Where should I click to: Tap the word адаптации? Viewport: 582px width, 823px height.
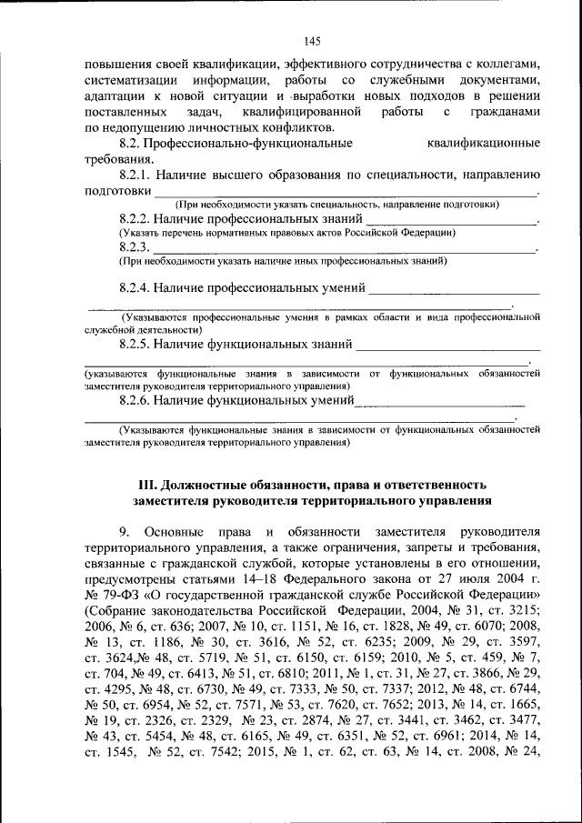pyautogui.click(x=111, y=95)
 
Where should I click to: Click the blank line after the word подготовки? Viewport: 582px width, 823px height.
pyautogui.click(x=345, y=192)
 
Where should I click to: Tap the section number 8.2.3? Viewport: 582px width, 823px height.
pyautogui.click(x=134, y=247)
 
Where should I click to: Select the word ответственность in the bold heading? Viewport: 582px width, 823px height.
pyautogui.click(x=430, y=484)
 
